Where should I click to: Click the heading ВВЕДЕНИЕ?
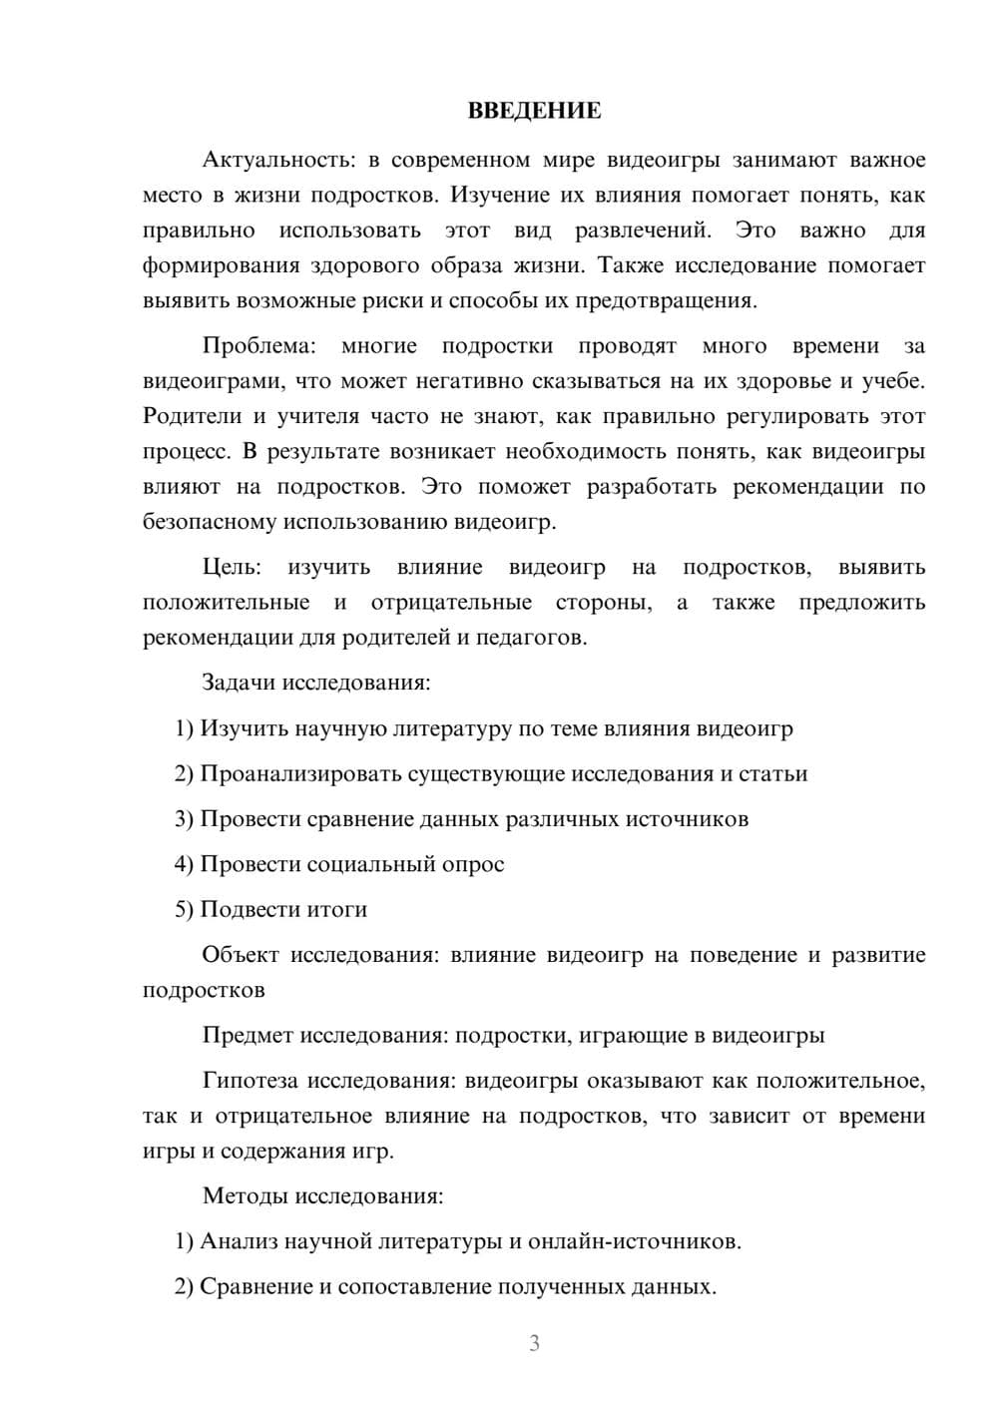pyautogui.click(x=534, y=111)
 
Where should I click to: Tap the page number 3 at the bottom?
pyautogui.click(x=534, y=1343)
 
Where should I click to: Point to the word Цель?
pyautogui.click(x=232, y=567)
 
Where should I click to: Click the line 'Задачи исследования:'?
pyautogui.click(x=315, y=683)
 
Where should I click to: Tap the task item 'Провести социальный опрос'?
pyautogui.click(x=352, y=864)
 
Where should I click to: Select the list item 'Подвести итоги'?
pyautogui.click(x=283, y=909)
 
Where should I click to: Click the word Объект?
pyautogui.click(x=241, y=955)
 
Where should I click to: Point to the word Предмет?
pyautogui.click(x=248, y=1035)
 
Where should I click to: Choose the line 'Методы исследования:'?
pyautogui.click(x=322, y=1195)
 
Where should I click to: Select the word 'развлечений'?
pyautogui.click(x=643, y=231)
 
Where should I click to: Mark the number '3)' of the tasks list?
pyautogui.click(x=184, y=819)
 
